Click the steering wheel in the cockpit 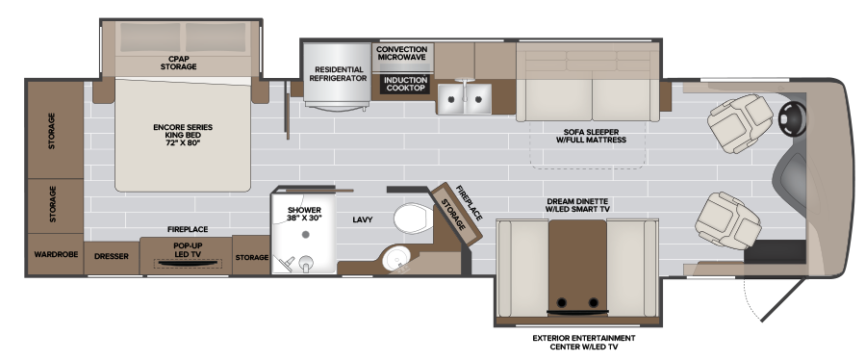(793, 118)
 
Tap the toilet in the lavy (414, 219)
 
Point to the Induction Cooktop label (405, 84)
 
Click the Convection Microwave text (402, 53)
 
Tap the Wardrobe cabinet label (56, 254)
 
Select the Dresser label (112, 256)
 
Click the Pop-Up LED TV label (188, 248)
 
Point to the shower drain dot (305, 234)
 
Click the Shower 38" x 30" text (304, 214)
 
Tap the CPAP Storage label (178, 63)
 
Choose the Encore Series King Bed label (183, 135)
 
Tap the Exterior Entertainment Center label (584, 343)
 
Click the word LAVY (363, 219)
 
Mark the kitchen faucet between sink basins (465, 86)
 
